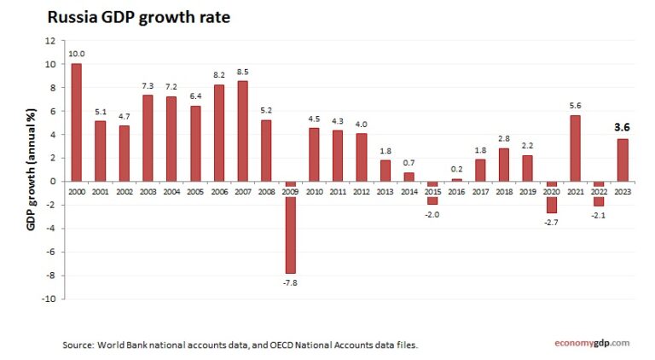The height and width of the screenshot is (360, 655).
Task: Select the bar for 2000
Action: [x=77, y=122]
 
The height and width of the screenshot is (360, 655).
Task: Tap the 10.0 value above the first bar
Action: [x=77, y=54]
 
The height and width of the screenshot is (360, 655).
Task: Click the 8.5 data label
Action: [x=243, y=72]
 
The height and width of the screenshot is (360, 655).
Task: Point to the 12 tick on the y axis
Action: [x=49, y=40]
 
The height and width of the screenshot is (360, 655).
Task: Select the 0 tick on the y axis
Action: [x=52, y=181]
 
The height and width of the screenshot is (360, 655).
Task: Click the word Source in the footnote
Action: [x=78, y=345]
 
